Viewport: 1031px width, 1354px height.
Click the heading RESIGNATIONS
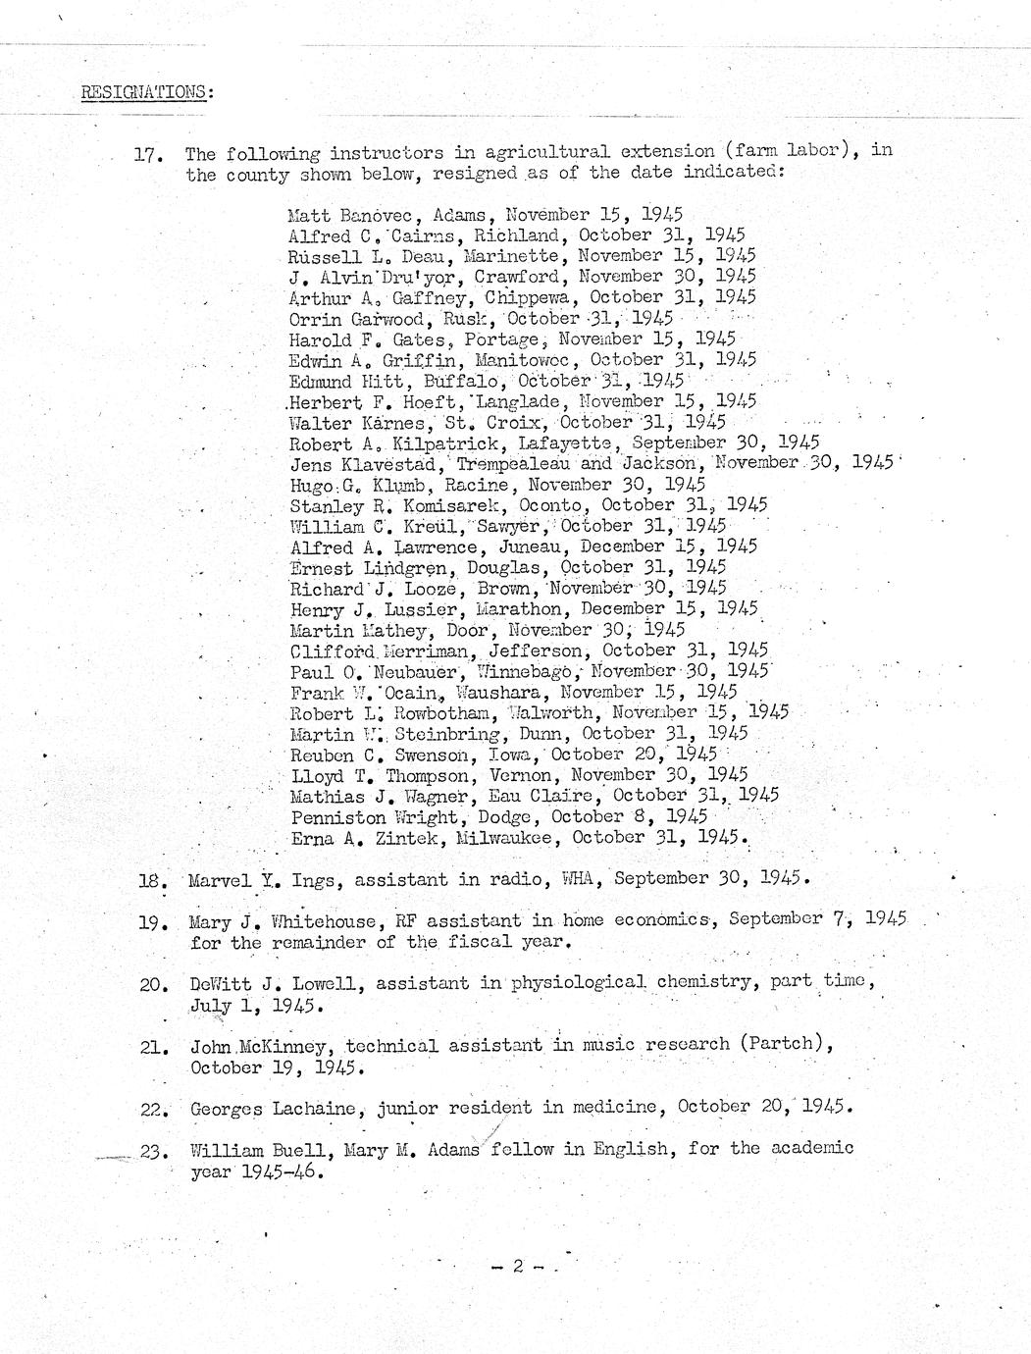pyautogui.click(x=145, y=92)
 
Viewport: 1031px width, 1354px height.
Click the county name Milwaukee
pyautogui.click(x=509, y=838)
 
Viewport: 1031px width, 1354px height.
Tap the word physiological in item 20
pyautogui.click(x=578, y=982)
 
